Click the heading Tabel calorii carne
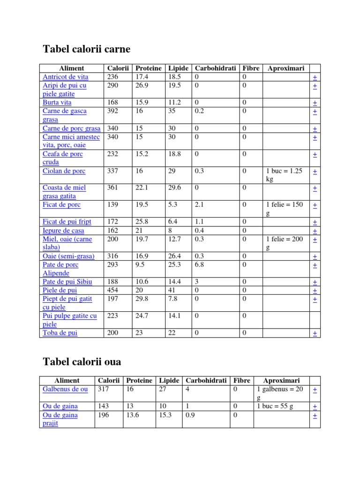(86, 49)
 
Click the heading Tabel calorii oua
(82, 361)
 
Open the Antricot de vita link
(65, 77)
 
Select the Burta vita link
(57, 102)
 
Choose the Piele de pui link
(60, 290)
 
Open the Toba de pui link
(60, 333)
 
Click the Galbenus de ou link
(65, 389)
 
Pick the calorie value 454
(113, 290)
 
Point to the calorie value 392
(113, 111)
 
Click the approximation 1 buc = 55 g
(275, 406)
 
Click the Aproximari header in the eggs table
(281, 381)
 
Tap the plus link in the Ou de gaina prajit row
(315, 415)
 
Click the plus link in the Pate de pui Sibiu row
(315, 282)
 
